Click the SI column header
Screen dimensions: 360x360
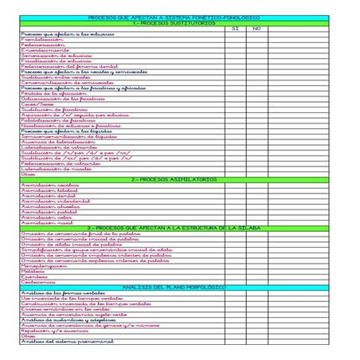click(235, 29)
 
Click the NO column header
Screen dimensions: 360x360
click(256, 29)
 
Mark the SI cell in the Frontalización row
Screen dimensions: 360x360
click(235, 39)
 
